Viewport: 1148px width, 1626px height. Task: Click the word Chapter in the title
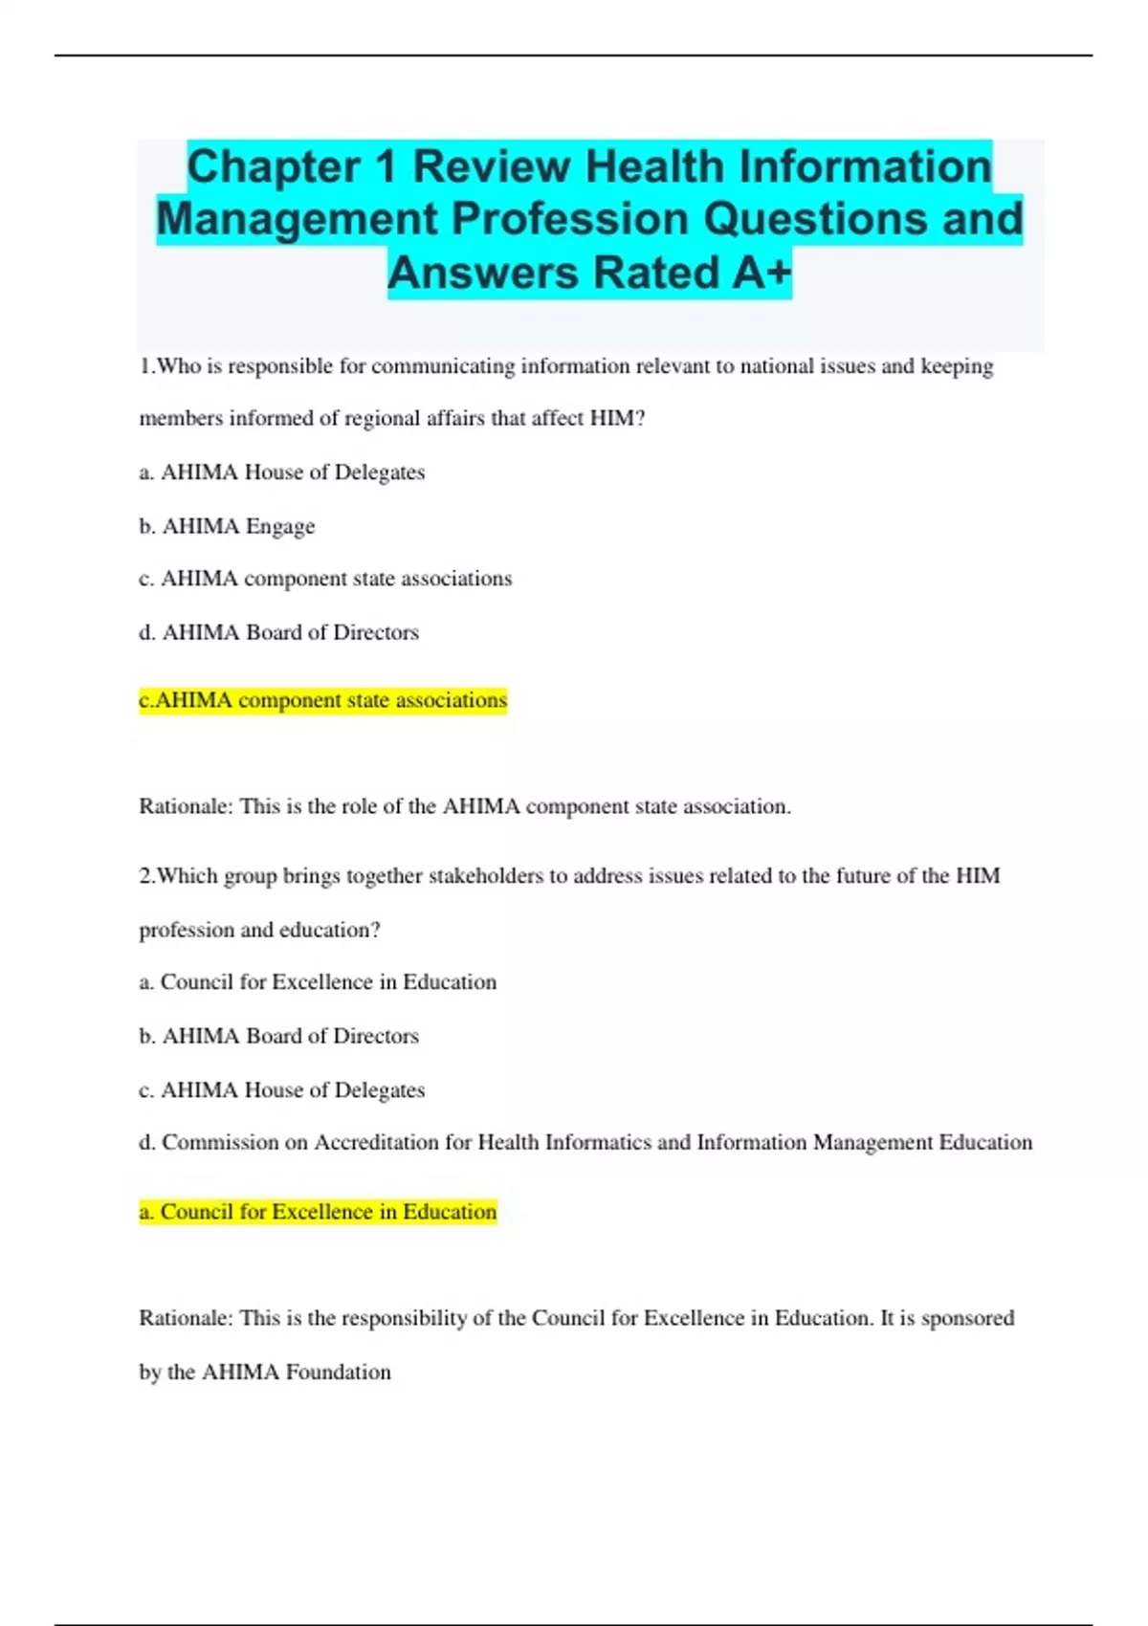(274, 166)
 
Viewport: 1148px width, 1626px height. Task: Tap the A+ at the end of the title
(762, 273)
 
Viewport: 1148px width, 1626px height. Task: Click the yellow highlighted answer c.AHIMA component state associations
(322, 700)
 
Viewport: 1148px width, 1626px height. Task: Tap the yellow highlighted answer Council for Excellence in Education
(318, 1212)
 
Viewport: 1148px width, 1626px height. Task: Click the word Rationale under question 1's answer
(186, 806)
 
